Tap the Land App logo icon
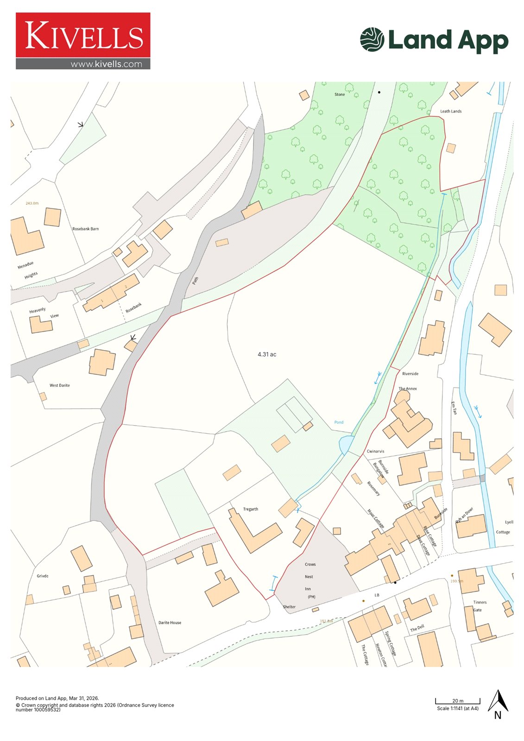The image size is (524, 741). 372,39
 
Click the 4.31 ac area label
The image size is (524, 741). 267,354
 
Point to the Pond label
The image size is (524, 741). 339,422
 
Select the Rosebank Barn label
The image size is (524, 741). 85,229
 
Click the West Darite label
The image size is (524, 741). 60,385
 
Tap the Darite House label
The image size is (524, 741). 170,622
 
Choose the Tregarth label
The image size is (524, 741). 251,509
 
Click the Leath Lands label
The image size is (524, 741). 450,111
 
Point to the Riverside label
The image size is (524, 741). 410,374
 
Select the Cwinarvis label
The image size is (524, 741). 375,451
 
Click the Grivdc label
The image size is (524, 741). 43,576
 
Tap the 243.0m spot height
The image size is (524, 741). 32,203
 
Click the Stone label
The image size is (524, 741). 340,94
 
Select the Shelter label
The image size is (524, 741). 289,607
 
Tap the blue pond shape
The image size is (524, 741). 345,446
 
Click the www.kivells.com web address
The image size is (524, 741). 106,64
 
